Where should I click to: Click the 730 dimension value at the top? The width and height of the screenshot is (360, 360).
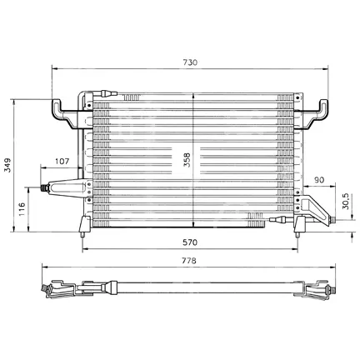pyautogui.click(x=190, y=62)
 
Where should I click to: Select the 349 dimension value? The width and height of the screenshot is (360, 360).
pyautogui.click(x=7, y=165)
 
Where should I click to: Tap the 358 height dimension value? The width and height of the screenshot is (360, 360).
pyautogui.click(x=187, y=159)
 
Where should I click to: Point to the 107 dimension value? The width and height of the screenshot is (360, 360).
pyautogui.click(x=62, y=161)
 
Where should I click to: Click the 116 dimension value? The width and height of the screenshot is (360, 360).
pyautogui.click(x=22, y=209)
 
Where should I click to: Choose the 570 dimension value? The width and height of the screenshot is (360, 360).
pyautogui.click(x=190, y=242)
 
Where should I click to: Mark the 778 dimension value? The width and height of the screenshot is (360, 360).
pyautogui.click(x=189, y=261)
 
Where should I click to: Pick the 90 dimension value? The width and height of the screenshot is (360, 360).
pyautogui.click(x=319, y=180)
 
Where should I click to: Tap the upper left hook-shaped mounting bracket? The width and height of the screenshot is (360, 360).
pyautogui.click(x=64, y=113)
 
